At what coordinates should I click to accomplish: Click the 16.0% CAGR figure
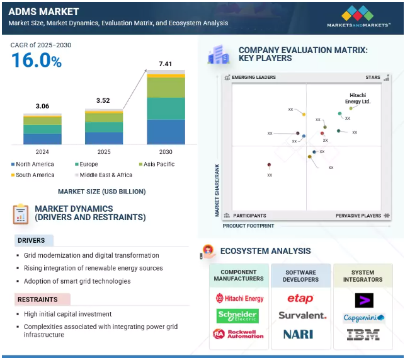[37, 61]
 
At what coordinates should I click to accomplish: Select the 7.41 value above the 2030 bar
[165, 64]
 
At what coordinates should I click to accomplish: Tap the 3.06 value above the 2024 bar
[42, 106]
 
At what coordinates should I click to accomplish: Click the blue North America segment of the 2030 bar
[166, 132]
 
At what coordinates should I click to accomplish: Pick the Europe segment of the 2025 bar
[104, 127]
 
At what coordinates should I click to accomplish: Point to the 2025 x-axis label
[104, 152]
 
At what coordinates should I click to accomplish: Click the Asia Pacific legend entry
[157, 164]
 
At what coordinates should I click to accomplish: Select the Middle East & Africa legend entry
[103, 175]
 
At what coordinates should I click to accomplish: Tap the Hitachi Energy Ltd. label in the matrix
[358, 98]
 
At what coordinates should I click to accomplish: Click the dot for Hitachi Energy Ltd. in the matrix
[351, 108]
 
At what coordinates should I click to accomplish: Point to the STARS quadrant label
[373, 78]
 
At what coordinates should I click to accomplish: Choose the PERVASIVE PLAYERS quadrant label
[358, 216]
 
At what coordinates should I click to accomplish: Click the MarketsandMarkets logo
[358, 16]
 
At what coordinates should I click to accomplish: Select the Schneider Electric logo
[237, 316]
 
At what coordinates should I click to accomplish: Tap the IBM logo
[363, 334]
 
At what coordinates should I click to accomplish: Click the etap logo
[300, 298]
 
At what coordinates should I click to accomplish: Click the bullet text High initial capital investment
[67, 314]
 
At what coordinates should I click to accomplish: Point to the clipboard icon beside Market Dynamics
[21, 214]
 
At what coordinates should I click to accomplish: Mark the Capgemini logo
[364, 318]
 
